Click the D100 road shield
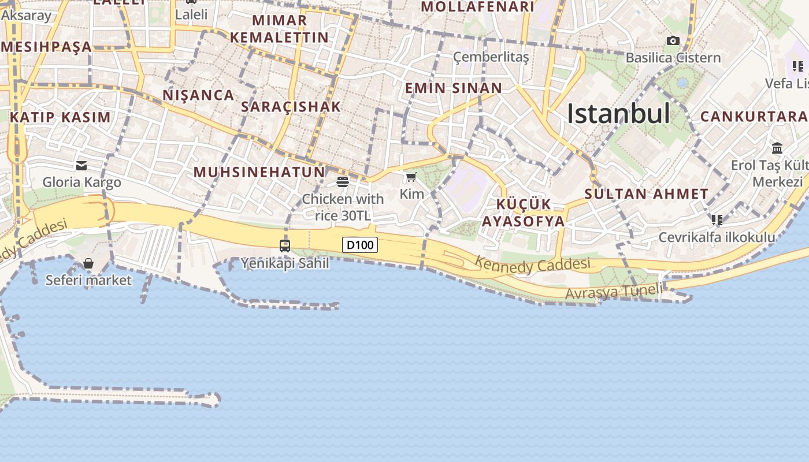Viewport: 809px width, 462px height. [360, 245]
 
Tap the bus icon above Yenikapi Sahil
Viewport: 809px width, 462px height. [284, 245]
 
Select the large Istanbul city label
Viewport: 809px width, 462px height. [618, 113]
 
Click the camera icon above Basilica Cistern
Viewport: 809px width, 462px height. [673, 40]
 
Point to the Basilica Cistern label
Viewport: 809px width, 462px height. [673, 58]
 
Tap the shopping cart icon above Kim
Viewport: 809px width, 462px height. [411, 177]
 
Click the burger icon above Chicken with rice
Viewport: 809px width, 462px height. [343, 182]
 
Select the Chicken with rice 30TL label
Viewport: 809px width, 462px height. [343, 207]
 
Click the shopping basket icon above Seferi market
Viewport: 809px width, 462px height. [88, 263]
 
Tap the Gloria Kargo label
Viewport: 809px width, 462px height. [81, 182]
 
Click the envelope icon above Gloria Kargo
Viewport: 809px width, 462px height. [81, 166]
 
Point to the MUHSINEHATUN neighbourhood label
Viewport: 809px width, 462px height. [259, 172]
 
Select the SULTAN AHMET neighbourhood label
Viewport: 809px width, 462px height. [646, 194]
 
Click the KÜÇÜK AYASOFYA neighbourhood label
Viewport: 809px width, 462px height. [524, 213]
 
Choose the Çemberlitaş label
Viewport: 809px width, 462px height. [491, 57]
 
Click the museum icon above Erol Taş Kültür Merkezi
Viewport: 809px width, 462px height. [777, 148]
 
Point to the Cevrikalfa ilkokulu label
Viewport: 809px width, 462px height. [717, 237]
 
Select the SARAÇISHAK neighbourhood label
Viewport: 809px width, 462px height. [291, 107]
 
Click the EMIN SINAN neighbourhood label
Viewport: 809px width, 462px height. [454, 88]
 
